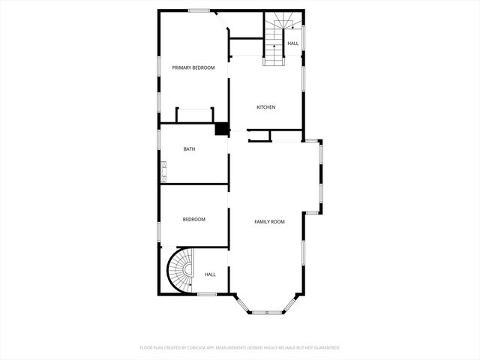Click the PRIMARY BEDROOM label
[x=193, y=68]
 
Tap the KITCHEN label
[x=266, y=107]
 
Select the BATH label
[x=190, y=149]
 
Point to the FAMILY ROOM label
[x=269, y=222]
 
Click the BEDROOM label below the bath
[x=193, y=220]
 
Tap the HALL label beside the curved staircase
[x=210, y=274]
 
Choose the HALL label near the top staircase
[x=292, y=43]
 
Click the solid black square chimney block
[x=221, y=129]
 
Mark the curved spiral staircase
[x=180, y=271]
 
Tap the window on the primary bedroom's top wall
[x=198, y=10]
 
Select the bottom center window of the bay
[x=267, y=311]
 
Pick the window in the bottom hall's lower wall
[x=207, y=294]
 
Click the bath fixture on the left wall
[x=162, y=175]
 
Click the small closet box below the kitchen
[x=259, y=136]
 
